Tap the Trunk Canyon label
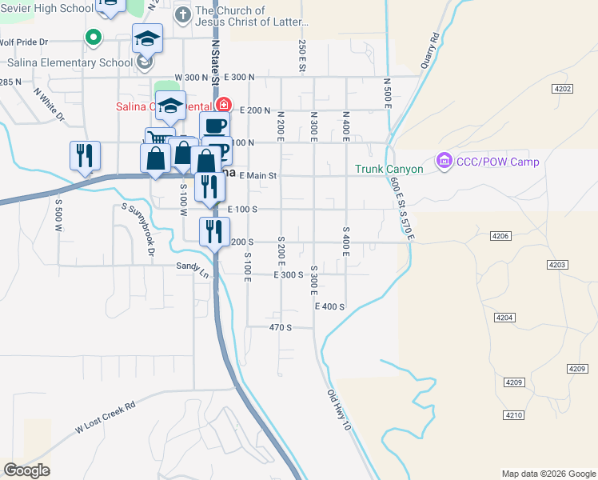coord(393,169)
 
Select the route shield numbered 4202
coord(564,89)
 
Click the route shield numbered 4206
coord(500,236)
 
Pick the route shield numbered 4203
coord(557,265)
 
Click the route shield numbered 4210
coord(513,414)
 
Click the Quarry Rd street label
coord(429,49)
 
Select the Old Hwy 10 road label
coord(339,410)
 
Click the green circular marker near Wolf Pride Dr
coord(93,37)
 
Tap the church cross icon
coord(182,14)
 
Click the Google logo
coord(26,470)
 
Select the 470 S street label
coord(280,327)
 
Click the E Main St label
coord(258,176)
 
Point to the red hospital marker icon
coord(224,105)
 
